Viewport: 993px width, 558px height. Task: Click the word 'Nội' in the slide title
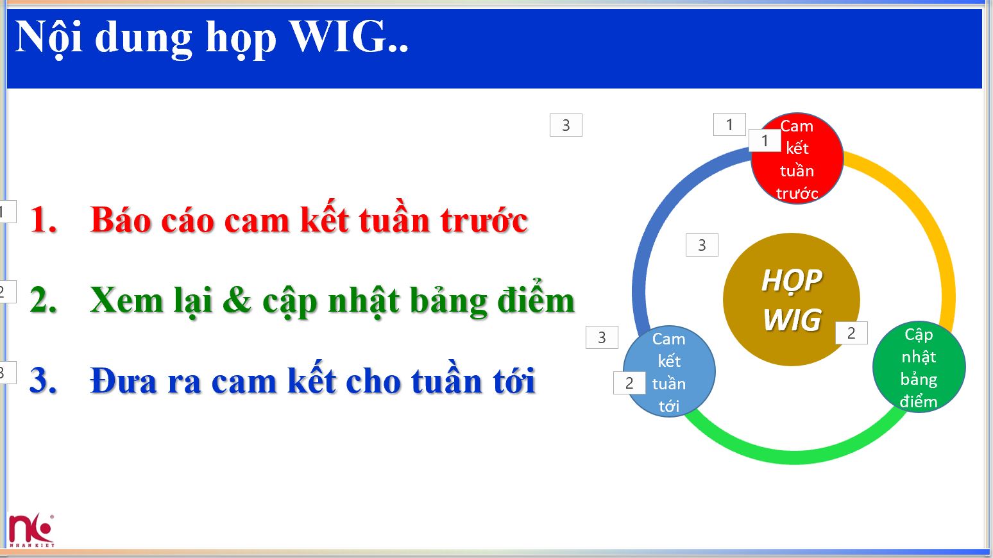(49, 37)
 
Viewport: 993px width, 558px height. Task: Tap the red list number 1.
(43, 220)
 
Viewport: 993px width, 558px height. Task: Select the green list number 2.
(43, 300)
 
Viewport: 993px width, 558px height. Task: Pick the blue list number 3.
(43, 380)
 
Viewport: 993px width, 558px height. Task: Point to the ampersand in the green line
(237, 300)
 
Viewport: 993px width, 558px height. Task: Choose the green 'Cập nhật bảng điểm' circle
(919, 368)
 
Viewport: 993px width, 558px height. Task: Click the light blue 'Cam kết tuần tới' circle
(669, 372)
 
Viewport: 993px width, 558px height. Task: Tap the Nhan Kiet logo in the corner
(31, 530)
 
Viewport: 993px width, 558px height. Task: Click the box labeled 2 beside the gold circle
(851, 333)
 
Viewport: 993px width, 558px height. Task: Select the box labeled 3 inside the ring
(702, 245)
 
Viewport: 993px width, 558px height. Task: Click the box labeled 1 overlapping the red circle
(764, 140)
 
